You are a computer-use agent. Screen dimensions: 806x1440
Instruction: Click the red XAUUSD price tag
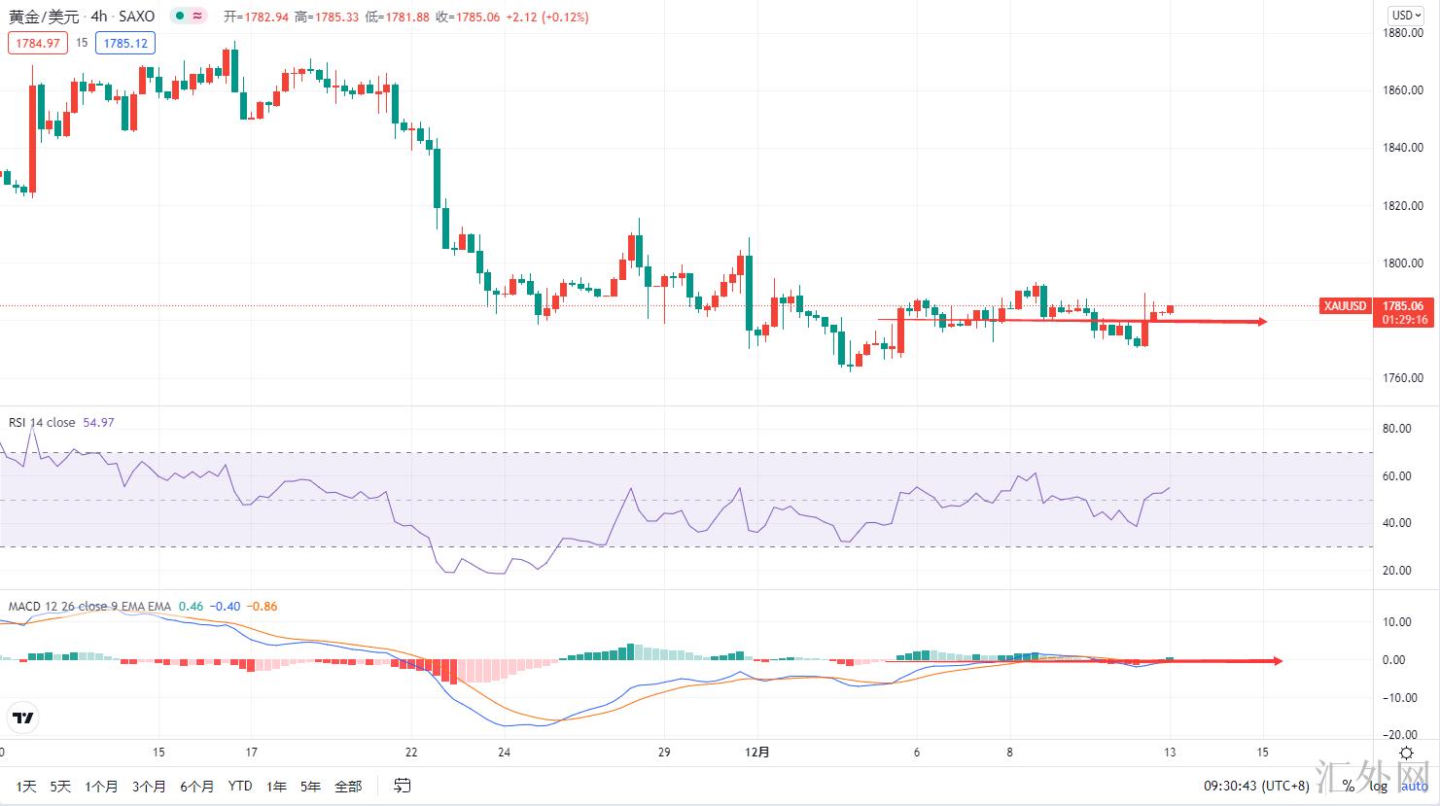pos(1346,305)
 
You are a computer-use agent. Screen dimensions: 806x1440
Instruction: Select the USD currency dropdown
pos(1404,15)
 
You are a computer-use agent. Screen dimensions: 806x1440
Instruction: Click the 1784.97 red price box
pos(38,43)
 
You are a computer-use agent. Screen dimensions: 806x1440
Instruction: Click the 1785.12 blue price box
pos(125,43)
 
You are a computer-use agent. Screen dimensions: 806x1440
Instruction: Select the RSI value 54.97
pos(98,422)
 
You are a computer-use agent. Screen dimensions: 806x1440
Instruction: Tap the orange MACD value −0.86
pos(262,607)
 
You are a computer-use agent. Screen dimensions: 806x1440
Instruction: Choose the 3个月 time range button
pos(149,786)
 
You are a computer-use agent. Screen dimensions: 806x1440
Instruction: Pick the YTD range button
pos(239,786)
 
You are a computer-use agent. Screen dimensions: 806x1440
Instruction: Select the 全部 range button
pos(348,786)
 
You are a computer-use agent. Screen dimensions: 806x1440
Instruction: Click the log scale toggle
pos(1379,786)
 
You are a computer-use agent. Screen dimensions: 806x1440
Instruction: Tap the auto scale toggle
pos(1415,786)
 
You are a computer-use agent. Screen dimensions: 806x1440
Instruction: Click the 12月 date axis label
pos(757,752)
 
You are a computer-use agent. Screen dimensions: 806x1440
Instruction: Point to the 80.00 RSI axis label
pos(1397,429)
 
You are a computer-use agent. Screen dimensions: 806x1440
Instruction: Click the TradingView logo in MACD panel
pos(22,718)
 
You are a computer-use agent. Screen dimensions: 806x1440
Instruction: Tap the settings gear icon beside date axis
pos(1406,753)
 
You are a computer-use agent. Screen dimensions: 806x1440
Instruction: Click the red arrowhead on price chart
pos(1262,322)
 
